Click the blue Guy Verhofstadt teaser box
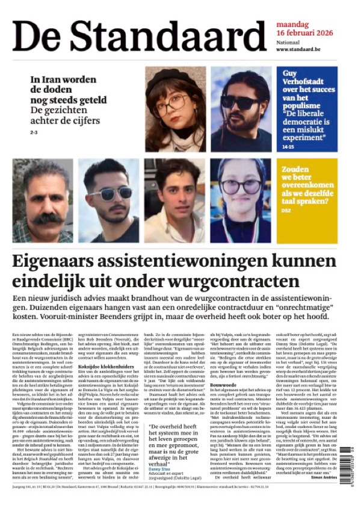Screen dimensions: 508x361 click(x=307, y=108)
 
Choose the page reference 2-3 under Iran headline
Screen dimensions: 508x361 click(x=34, y=131)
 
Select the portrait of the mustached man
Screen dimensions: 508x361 click(x=43, y=200)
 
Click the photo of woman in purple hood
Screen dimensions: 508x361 click(x=241, y=200)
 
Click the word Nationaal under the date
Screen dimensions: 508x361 click(x=289, y=42)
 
